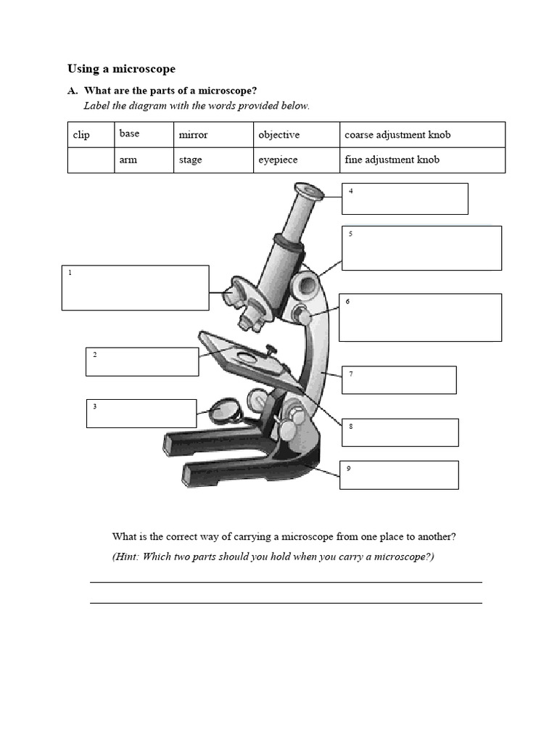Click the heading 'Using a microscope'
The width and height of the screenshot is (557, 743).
pos(121,69)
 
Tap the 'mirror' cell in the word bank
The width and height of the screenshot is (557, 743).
pos(193,135)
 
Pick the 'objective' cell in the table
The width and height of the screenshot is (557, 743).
pos(278,135)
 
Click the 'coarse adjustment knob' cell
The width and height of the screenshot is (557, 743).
pos(397,135)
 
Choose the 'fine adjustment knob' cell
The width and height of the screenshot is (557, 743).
pos(392,160)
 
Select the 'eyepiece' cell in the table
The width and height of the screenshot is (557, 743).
pos(278,160)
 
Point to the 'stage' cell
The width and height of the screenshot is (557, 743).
pos(191,160)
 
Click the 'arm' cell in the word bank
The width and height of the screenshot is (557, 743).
pos(128,160)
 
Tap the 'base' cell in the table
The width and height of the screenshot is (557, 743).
pos(129,134)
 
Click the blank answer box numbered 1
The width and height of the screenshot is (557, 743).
pos(136,288)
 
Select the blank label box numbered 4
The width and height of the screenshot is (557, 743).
pos(405,199)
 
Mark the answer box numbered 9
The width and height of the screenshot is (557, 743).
pos(399,475)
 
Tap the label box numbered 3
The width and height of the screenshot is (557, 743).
pos(141,414)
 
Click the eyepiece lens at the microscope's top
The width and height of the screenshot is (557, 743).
pos(310,192)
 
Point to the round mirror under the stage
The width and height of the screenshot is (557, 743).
pos(225,411)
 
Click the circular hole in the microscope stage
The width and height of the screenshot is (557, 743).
pos(247,357)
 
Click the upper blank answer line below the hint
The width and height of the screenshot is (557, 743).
pos(286,581)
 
